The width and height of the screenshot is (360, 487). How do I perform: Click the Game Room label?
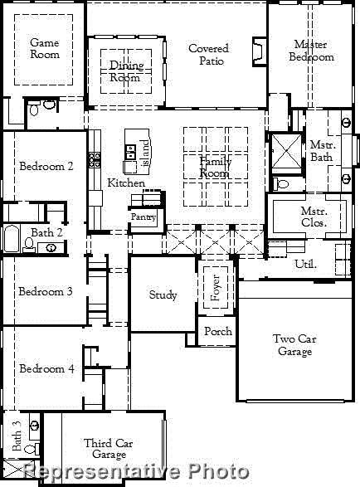coord(45,48)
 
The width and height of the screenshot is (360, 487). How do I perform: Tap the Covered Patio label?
coord(208,55)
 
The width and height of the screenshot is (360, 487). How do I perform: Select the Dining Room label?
coord(126,71)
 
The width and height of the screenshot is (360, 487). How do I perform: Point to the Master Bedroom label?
coord(311,51)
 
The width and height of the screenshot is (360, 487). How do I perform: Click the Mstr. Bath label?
coord(321,150)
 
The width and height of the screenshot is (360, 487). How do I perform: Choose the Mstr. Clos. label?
coord(314,217)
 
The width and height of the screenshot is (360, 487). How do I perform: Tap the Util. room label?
coord(306,264)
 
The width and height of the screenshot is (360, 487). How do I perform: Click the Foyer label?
coord(216,287)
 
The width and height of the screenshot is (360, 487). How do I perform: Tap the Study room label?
coord(163,295)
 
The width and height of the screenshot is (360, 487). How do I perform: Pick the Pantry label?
coord(143,217)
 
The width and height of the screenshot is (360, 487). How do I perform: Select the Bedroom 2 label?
coord(46,166)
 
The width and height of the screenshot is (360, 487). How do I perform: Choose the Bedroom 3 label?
coord(46,291)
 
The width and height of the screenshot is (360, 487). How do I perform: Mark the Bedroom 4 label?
coord(46,368)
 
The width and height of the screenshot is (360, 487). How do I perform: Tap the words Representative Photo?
coord(136,472)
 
